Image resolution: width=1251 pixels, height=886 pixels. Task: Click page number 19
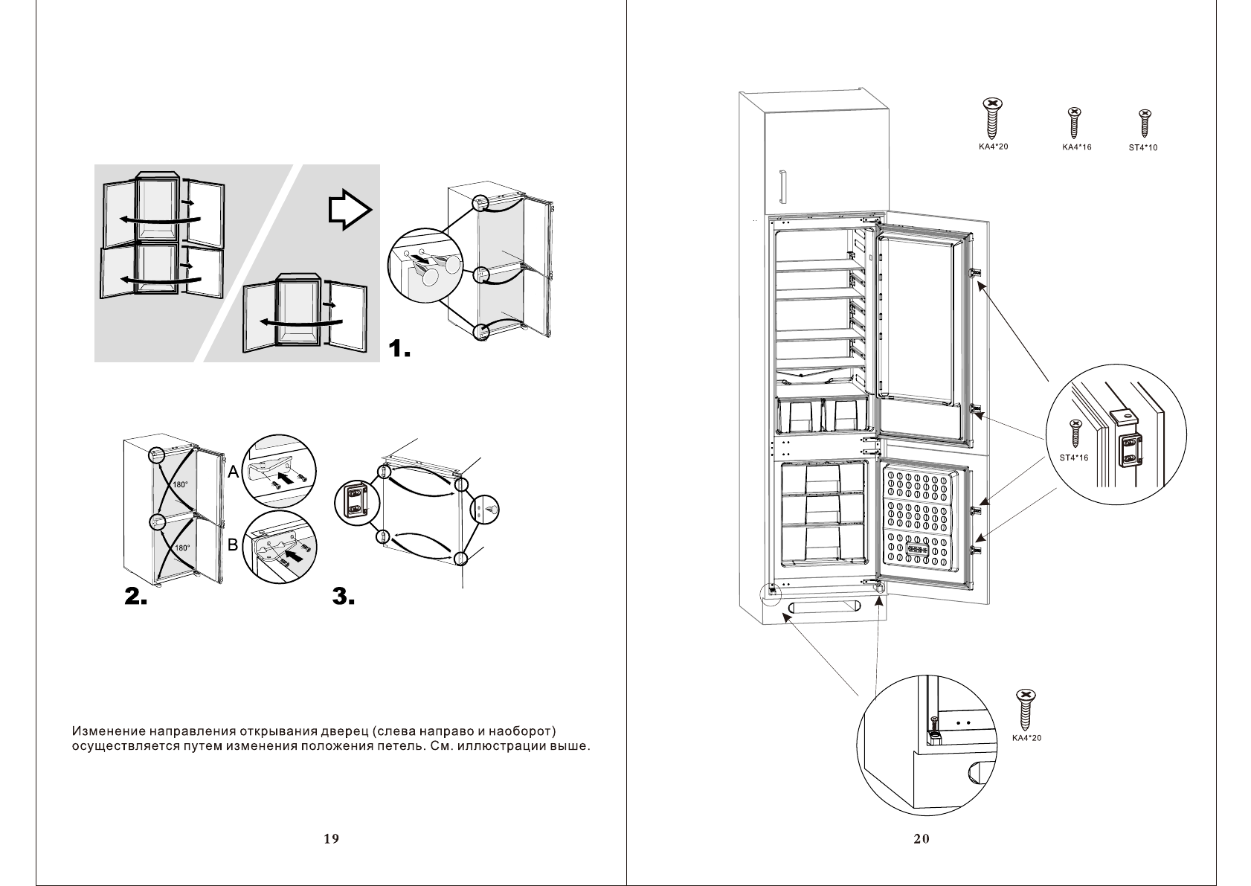click(331, 839)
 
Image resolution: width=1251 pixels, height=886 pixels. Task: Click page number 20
click(921, 839)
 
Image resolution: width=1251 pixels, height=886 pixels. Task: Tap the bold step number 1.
click(400, 348)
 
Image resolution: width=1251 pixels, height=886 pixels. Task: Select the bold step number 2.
click(136, 596)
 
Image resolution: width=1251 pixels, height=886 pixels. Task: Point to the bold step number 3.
click(343, 596)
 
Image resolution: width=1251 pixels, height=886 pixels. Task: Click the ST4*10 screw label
click(1143, 147)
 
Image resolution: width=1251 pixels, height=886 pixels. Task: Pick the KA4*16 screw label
click(1076, 147)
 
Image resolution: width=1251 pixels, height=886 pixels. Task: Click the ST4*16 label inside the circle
click(1073, 458)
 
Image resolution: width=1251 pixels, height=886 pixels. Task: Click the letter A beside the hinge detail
click(233, 472)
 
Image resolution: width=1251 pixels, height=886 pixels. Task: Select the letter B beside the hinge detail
click(232, 545)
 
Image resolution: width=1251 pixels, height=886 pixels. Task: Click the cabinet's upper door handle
click(782, 186)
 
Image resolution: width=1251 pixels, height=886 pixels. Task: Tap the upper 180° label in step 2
click(179, 484)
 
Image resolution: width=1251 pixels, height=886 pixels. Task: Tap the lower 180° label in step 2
click(181, 548)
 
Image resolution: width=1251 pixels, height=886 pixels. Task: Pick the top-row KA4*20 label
click(993, 147)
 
